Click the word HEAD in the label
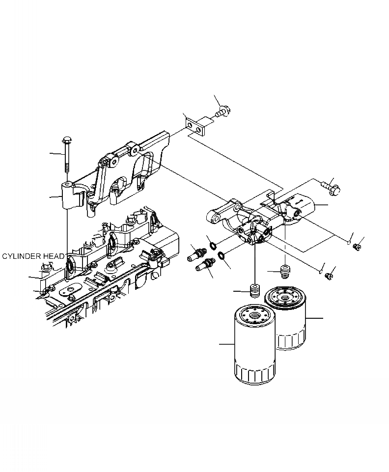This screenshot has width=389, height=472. [x=53, y=256]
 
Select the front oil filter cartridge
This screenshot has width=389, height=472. [x=254, y=346]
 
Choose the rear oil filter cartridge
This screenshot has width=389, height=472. [x=286, y=319]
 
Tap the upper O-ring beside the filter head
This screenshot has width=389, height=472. [x=211, y=245]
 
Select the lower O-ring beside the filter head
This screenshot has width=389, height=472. [x=221, y=255]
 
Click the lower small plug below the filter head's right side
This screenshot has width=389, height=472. [x=328, y=277]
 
